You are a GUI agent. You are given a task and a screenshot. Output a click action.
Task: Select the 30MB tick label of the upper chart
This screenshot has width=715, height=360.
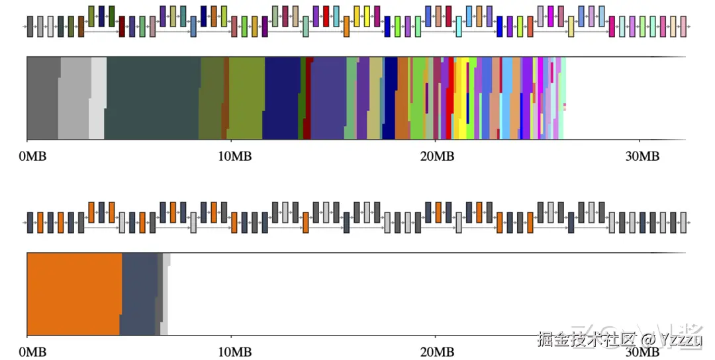(x=640, y=157)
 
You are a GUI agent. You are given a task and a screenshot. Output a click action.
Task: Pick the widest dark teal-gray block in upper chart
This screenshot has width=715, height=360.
(x=152, y=98)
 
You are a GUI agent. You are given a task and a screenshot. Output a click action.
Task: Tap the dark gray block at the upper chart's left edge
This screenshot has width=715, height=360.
(x=42, y=98)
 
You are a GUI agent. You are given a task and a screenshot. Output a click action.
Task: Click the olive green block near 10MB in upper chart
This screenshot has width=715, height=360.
(x=246, y=98)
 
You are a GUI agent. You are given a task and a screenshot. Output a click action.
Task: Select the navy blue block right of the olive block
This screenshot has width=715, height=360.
(x=282, y=98)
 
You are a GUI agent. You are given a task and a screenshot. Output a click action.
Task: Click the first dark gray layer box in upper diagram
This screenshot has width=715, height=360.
(x=30, y=27)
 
